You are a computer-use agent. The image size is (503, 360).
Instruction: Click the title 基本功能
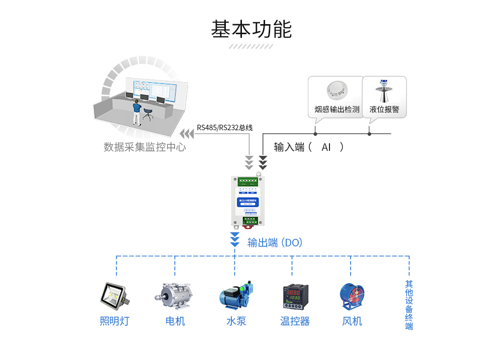point(251,30)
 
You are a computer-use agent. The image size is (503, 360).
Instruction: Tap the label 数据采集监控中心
point(145,147)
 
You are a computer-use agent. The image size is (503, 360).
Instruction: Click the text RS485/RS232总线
point(224,128)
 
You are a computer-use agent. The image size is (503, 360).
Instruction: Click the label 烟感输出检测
point(337,109)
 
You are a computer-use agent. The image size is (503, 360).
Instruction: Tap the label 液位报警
point(384,109)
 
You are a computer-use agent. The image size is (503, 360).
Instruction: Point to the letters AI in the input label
point(326,147)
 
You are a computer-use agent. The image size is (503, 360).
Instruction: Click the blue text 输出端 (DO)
point(275,243)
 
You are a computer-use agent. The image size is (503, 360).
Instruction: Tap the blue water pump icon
point(235,296)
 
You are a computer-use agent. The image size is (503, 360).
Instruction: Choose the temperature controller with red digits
point(294,297)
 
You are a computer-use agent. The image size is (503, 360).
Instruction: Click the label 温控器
point(295,321)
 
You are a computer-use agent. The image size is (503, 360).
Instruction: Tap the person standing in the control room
point(136,112)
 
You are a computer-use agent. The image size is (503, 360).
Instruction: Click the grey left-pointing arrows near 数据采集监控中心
point(187,134)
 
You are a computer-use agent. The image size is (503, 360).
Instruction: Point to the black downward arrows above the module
point(263,162)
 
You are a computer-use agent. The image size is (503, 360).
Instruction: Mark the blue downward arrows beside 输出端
point(234,239)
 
